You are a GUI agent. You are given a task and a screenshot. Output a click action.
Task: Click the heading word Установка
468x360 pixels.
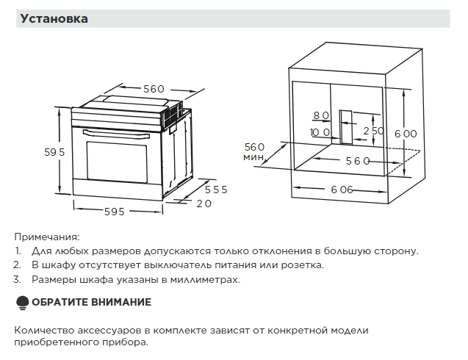(54, 19)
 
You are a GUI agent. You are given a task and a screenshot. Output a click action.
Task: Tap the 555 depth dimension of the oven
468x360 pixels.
(215, 189)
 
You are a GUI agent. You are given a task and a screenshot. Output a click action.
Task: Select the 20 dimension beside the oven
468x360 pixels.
(204, 204)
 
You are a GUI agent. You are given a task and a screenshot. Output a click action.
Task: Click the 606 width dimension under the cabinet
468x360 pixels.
(342, 190)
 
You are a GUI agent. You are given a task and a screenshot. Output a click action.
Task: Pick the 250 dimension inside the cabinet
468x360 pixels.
(373, 131)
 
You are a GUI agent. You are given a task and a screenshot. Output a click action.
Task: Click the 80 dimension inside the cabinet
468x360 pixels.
(321, 115)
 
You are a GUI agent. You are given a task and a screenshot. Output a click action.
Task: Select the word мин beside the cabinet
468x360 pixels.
(253, 157)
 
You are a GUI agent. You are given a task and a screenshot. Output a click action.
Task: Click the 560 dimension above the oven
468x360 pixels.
(154, 89)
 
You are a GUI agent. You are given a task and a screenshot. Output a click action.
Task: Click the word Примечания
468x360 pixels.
(46, 237)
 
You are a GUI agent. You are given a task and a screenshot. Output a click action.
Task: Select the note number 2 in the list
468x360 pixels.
(17, 264)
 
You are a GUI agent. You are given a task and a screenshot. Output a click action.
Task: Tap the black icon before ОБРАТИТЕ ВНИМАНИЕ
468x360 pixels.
(21, 302)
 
